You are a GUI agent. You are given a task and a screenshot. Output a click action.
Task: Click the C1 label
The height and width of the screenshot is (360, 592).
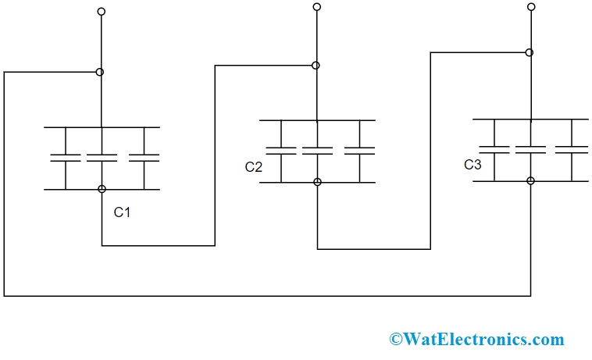122,212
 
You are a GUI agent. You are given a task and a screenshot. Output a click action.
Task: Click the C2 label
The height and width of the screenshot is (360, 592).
254,166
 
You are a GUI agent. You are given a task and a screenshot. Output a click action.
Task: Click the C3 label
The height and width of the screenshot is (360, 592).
473,165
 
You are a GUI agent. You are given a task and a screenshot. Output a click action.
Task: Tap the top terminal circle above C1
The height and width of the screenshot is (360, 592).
101,12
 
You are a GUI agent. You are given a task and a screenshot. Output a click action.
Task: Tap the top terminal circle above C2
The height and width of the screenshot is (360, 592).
316,6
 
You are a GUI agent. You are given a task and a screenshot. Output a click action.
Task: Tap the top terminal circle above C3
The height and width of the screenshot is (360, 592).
531,6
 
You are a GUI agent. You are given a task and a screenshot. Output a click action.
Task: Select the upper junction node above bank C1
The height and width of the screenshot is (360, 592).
99,72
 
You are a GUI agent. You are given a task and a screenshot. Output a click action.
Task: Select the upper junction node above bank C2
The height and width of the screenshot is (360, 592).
316,66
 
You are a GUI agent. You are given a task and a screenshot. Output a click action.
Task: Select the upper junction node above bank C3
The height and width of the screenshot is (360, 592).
530,52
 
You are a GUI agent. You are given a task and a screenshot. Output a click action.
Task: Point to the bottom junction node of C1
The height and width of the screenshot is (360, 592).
102,189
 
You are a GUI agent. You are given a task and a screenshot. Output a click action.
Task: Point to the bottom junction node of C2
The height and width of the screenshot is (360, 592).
317,182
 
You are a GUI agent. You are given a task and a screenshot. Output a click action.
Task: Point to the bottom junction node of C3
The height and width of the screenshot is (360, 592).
530,180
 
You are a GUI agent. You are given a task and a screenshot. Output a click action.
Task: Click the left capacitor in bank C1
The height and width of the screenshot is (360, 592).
66,158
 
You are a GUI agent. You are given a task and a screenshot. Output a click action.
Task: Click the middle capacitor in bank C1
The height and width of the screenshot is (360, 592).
102,158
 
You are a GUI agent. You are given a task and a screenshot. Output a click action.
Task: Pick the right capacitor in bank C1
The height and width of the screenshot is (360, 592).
144,158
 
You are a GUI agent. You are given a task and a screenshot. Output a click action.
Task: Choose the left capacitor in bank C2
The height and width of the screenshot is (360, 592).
281,150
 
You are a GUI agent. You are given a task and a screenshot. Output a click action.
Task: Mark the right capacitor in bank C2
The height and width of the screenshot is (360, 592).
359,150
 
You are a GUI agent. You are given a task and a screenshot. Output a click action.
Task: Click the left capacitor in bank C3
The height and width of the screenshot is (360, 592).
494,149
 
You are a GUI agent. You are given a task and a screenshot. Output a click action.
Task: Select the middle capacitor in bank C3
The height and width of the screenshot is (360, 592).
530,149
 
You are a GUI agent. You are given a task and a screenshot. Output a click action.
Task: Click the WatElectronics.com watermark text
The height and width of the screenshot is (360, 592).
476,339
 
